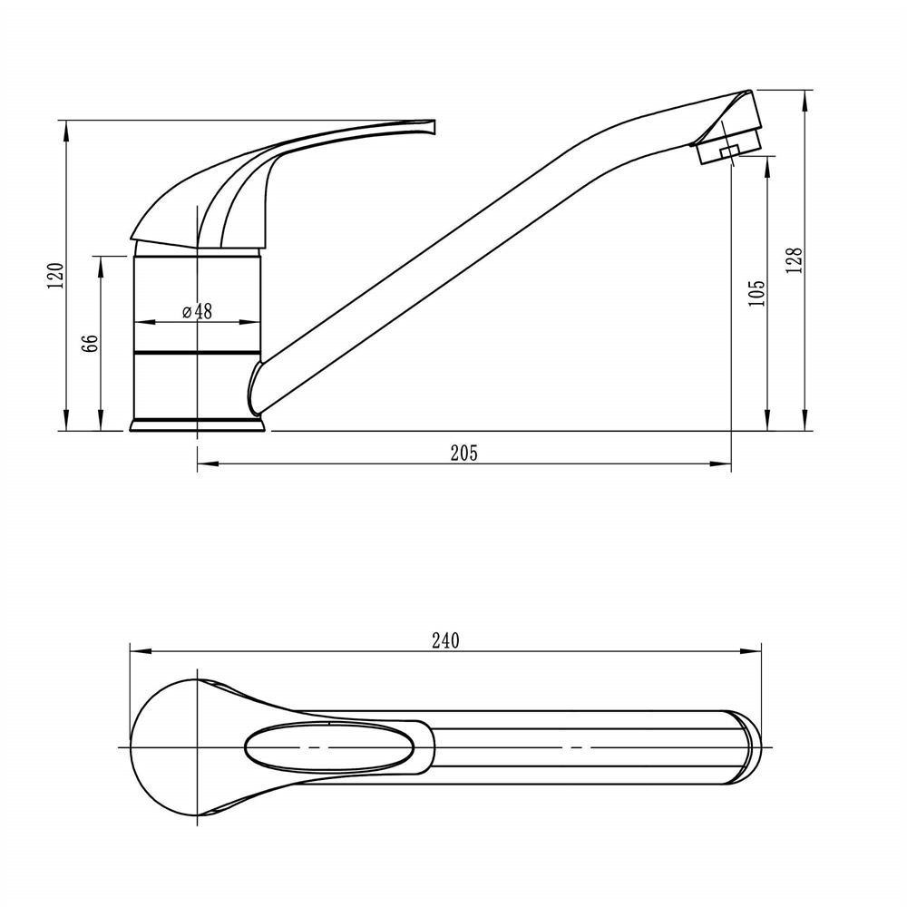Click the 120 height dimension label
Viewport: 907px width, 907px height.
click(56, 276)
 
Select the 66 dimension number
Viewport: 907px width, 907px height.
click(91, 343)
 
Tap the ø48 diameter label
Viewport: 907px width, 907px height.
click(197, 311)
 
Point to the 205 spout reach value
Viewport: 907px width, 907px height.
click(463, 453)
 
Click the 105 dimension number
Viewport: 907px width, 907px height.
click(756, 294)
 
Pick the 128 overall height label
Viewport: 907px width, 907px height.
click(795, 260)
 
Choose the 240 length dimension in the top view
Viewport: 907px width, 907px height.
click(445, 641)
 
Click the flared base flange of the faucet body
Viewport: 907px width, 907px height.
click(197, 425)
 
